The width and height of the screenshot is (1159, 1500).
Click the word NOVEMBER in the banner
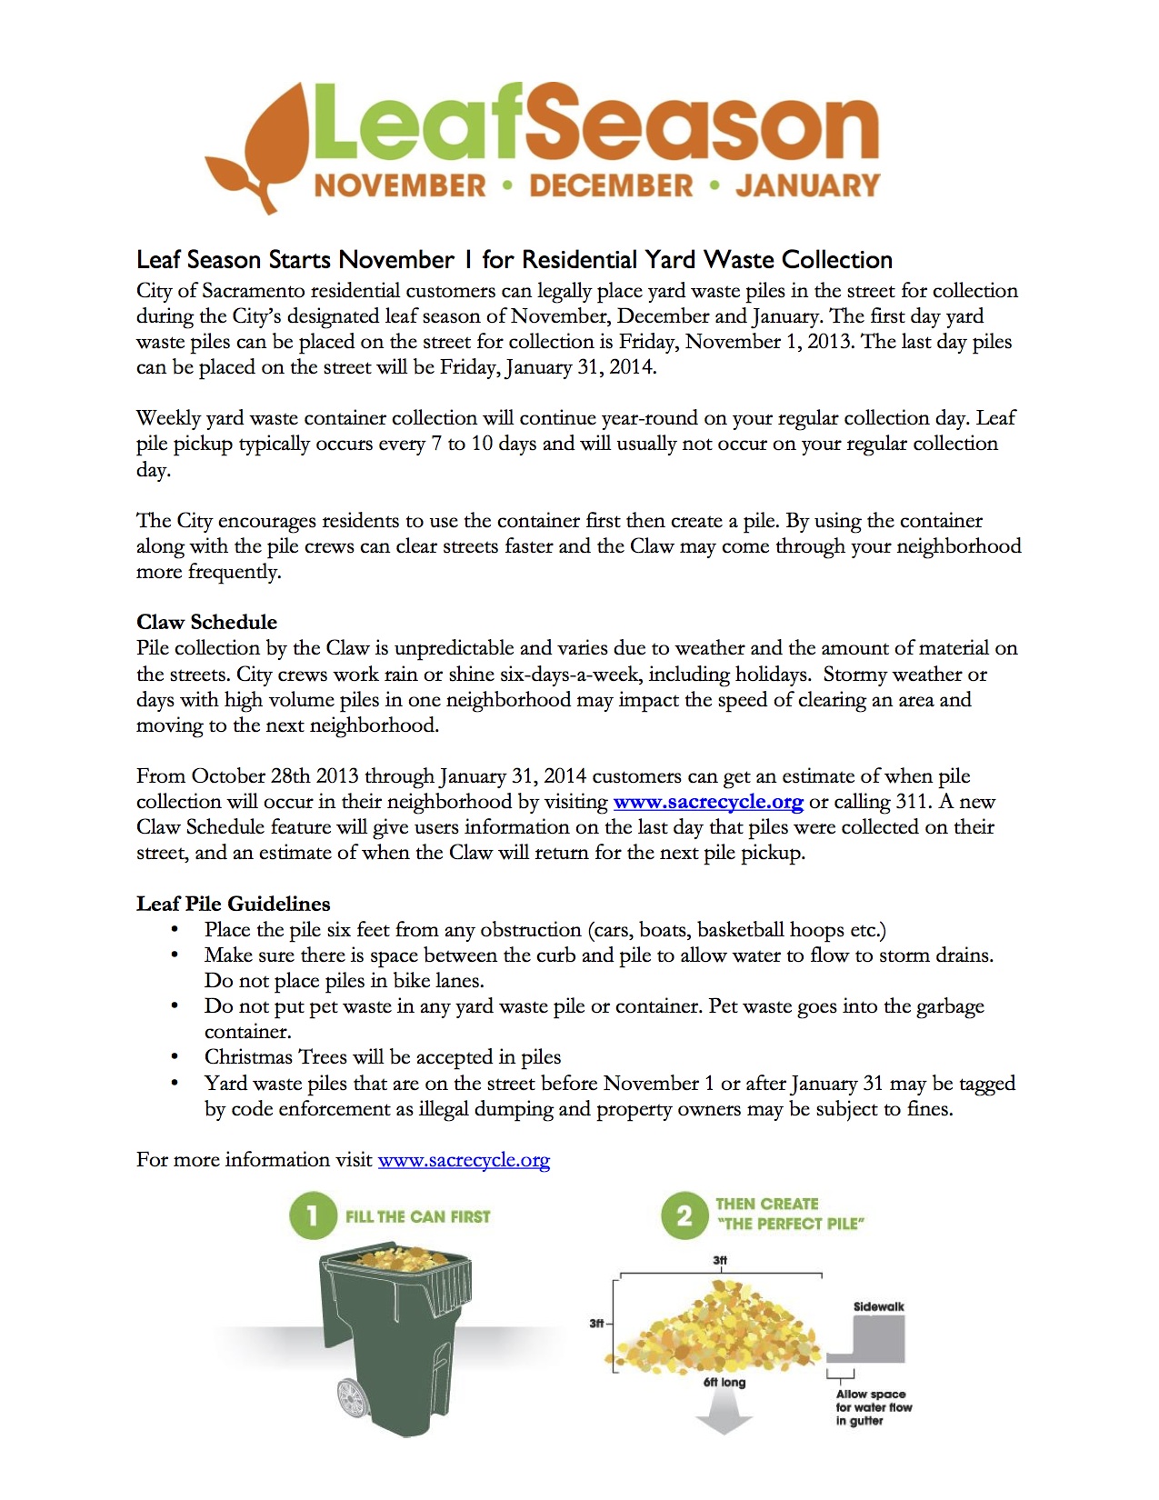400,186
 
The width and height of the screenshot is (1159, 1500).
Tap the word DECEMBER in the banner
611,186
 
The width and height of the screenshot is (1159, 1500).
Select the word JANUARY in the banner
808,186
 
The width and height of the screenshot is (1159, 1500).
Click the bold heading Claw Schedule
206,622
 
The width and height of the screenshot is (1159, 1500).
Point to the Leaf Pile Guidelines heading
233,904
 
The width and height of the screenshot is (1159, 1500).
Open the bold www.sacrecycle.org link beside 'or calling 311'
708,802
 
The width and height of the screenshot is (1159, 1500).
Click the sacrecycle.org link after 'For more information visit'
464,1160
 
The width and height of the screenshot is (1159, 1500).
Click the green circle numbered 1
312,1216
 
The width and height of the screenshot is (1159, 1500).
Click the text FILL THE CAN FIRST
417,1216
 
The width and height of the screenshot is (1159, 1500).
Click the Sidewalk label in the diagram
878,1306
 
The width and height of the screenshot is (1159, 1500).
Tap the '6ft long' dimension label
724,1382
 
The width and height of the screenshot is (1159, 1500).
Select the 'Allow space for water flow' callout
873,1406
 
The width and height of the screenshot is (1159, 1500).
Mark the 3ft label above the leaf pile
720,1260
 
